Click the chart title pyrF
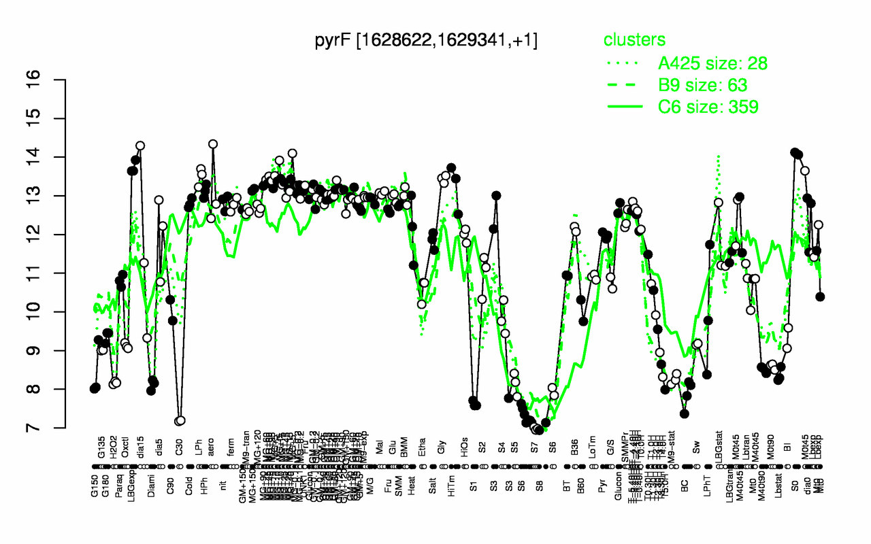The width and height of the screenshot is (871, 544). pos(426,40)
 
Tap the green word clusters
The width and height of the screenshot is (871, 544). pos(634,40)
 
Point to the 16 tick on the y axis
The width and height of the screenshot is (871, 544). pos(54,80)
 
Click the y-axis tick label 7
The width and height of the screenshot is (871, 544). pos(54,428)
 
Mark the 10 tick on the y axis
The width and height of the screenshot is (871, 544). pos(54,311)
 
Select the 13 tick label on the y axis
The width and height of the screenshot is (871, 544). pos(54,196)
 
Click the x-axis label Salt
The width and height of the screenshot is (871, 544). pos(433,490)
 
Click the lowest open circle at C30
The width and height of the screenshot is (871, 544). pos(180,421)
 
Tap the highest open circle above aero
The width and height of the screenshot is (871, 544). pos(212,144)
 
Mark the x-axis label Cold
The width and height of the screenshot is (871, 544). pos(189,490)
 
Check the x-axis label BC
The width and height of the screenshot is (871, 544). pos(686,489)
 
